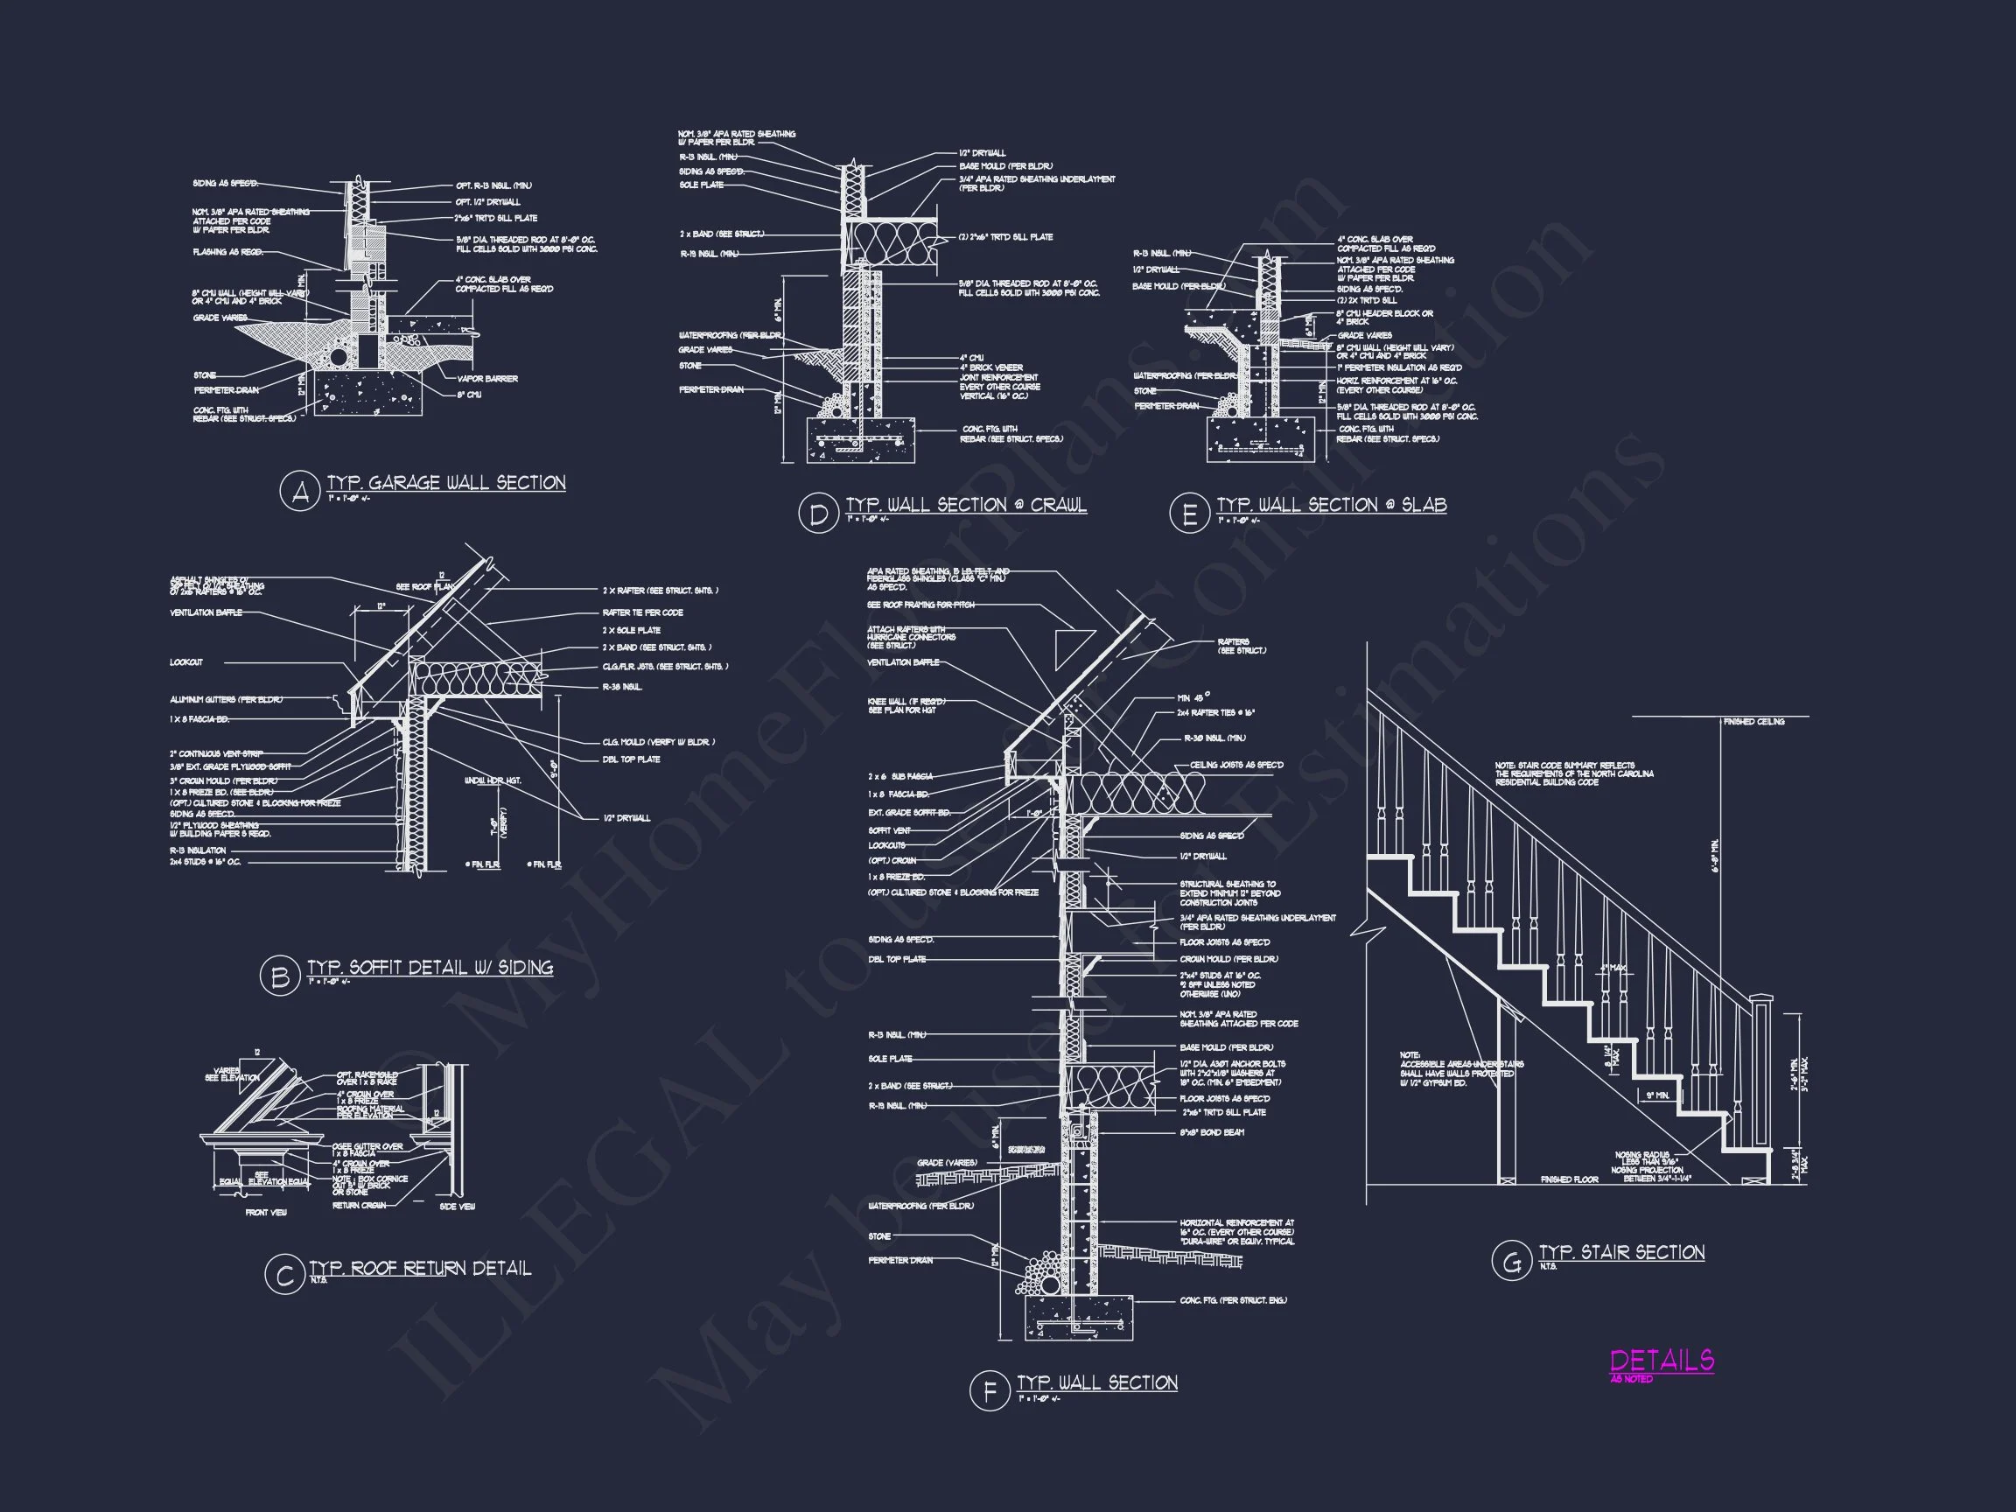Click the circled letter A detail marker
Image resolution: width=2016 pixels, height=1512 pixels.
click(x=299, y=492)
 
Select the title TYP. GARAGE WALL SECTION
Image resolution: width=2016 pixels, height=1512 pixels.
click(x=445, y=483)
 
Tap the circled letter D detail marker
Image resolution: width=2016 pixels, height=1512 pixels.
click(x=817, y=514)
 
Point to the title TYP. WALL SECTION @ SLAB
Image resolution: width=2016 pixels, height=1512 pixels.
click(x=1331, y=505)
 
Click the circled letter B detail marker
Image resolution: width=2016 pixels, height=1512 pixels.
click(x=279, y=976)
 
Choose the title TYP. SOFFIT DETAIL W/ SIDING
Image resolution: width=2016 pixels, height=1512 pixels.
click(x=430, y=967)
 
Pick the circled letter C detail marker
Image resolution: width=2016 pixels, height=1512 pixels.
click(x=283, y=1276)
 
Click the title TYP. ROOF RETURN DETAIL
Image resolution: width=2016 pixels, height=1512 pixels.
click(x=419, y=1268)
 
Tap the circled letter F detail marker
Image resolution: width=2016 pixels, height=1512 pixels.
click(x=989, y=1392)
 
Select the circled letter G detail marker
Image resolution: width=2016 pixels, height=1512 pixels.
click(x=1510, y=1263)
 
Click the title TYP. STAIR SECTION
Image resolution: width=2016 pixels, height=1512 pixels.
click(x=1621, y=1252)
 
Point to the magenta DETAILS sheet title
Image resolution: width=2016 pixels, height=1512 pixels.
click(x=1662, y=1361)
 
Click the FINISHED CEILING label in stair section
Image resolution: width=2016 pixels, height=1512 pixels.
click(x=1753, y=722)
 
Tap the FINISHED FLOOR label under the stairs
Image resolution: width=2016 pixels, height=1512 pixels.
click(x=1570, y=1180)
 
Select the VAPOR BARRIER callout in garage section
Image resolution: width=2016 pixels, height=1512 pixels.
click(x=487, y=379)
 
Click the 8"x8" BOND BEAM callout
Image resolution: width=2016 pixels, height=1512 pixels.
click(x=1211, y=1133)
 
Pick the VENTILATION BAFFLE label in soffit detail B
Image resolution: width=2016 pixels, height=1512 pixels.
click(x=206, y=612)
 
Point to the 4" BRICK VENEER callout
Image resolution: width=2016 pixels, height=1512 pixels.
click(x=990, y=368)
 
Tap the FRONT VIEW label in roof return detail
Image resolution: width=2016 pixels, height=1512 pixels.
click(x=266, y=1213)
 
